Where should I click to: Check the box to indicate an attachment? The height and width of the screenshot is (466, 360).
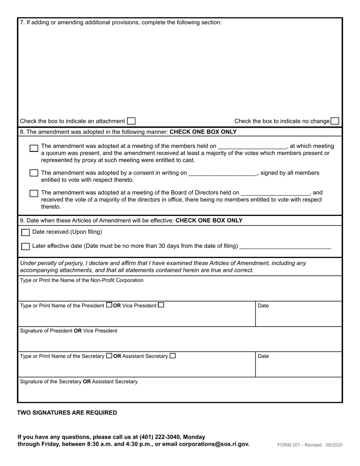[x=131, y=121]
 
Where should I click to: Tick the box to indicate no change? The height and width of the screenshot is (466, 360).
[x=335, y=121]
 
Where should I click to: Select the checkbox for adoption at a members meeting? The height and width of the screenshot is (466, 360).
[x=34, y=148]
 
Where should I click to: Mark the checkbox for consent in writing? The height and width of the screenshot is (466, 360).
[x=34, y=173]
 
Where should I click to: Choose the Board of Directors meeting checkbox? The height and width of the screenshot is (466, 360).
[x=34, y=193]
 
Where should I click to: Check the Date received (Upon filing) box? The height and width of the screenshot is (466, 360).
[x=25, y=232]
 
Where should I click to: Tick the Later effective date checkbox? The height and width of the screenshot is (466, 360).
[x=25, y=246]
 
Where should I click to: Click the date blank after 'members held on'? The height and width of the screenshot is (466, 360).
[x=252, y=146]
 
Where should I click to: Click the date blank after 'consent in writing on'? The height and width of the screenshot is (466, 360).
[x=223, y=173]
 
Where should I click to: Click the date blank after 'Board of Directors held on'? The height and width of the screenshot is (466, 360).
[x=275, y=193]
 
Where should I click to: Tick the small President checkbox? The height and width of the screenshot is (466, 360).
[x=109, y=305]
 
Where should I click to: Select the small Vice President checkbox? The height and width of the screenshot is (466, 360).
[x=161, y=305]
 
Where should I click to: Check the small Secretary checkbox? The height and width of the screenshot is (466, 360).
[x=109, y=356]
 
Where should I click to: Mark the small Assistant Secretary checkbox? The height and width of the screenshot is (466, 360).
[x=173, y=356]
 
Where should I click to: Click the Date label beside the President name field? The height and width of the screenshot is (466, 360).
[x=263, y=306]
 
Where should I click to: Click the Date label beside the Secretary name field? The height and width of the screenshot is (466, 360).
[x=263, y=357]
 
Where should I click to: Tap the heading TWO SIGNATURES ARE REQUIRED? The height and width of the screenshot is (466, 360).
[x=67, y=413]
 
